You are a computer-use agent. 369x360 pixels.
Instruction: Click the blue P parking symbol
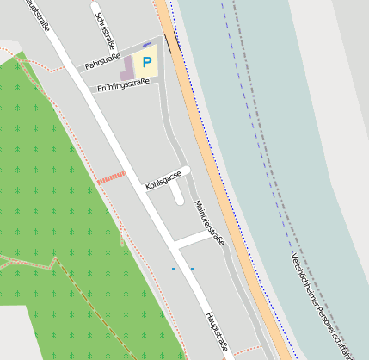coord(146,62)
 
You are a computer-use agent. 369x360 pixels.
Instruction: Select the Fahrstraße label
coord(102,61)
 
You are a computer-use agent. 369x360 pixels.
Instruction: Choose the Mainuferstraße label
coord(209,223)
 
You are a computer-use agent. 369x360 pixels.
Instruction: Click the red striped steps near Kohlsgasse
coord(111,177)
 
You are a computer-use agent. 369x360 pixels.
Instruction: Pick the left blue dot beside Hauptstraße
coord(173,269)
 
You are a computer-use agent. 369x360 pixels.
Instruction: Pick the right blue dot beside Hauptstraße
coord(192,269)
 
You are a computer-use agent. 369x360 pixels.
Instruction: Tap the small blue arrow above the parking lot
coord(146,44)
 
